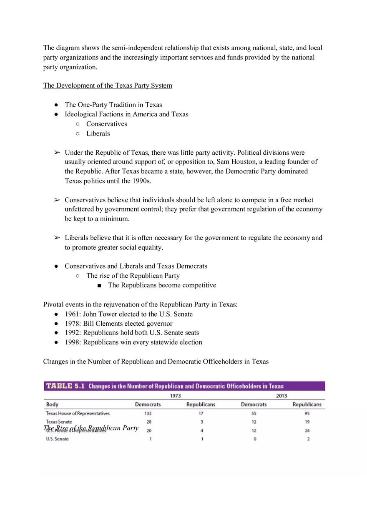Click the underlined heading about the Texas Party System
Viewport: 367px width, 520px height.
[x=108, y=85]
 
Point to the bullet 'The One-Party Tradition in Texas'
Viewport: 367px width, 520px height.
[x=113, y=105]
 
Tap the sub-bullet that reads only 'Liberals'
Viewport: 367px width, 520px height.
[x=98, y=133]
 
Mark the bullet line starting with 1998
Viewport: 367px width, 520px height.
[x=133, y=342]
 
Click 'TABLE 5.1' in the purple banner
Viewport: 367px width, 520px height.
[x=65, y=386]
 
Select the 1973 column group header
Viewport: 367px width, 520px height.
[x=175, y=396]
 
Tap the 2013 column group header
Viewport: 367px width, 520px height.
[x=282, y=396]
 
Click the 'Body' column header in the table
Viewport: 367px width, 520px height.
[x=52, y=404]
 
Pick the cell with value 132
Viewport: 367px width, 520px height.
[x=148, y=414]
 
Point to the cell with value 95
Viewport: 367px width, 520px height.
[x=307, y=414]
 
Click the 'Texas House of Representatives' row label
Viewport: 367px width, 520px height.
[x=78, y=414]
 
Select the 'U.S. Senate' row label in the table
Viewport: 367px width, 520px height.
[x=57, y=439]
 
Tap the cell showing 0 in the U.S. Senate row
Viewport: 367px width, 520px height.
[x=254, y=439]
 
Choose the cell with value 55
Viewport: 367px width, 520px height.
[x=254, y=414]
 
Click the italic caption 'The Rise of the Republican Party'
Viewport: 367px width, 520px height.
[x=91, y=428]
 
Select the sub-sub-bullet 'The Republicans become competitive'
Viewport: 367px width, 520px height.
[x=162, y=285]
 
